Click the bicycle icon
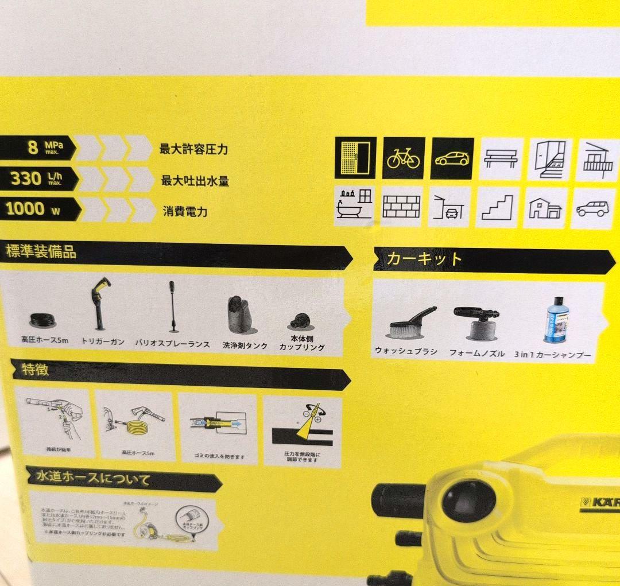tap(403, 158)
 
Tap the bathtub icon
tap(354, 205)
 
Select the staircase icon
tap(497, 207)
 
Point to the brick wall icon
tap(401, 206)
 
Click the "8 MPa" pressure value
tap(42, 148)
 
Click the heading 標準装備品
tap(41, 252)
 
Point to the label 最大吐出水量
tap(195, 181)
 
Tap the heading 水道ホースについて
tap(92, 478)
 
